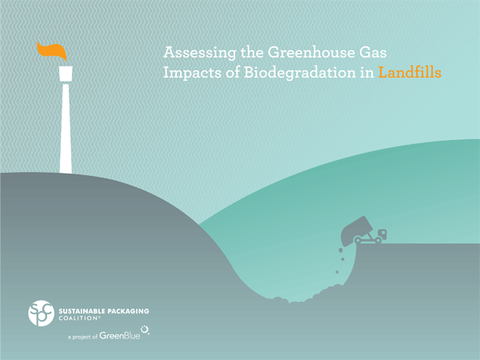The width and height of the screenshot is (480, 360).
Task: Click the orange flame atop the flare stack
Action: click(x=52, y=50)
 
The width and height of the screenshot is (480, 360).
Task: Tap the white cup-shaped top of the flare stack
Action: click(x=66, y=74)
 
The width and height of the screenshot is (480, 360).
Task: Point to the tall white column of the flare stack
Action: click(x=66, y=129)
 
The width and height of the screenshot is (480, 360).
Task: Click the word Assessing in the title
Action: click(x=199, y=54)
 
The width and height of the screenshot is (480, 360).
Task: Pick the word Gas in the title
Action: click(x=371, y=52)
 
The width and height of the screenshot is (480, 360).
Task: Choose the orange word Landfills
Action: click(x=410, y=73)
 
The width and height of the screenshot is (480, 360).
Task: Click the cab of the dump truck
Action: click(x=382, y=234)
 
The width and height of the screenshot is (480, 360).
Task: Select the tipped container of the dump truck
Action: click(x=357, y=231)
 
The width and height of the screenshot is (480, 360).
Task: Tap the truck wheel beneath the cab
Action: click(x=378, y=240)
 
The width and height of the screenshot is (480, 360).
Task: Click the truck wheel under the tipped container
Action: click(x=358, y=239)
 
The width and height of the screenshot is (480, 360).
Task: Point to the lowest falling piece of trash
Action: click(x=337, y=272)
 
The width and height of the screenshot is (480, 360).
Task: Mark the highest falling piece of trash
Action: click(x=341, y=250)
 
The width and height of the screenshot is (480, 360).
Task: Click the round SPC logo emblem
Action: click(x=42, y=313)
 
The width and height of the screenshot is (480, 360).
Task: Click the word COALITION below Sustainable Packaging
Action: click(x=79, y=318)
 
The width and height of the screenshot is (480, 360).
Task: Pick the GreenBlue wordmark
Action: click(x=120, y=335)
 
